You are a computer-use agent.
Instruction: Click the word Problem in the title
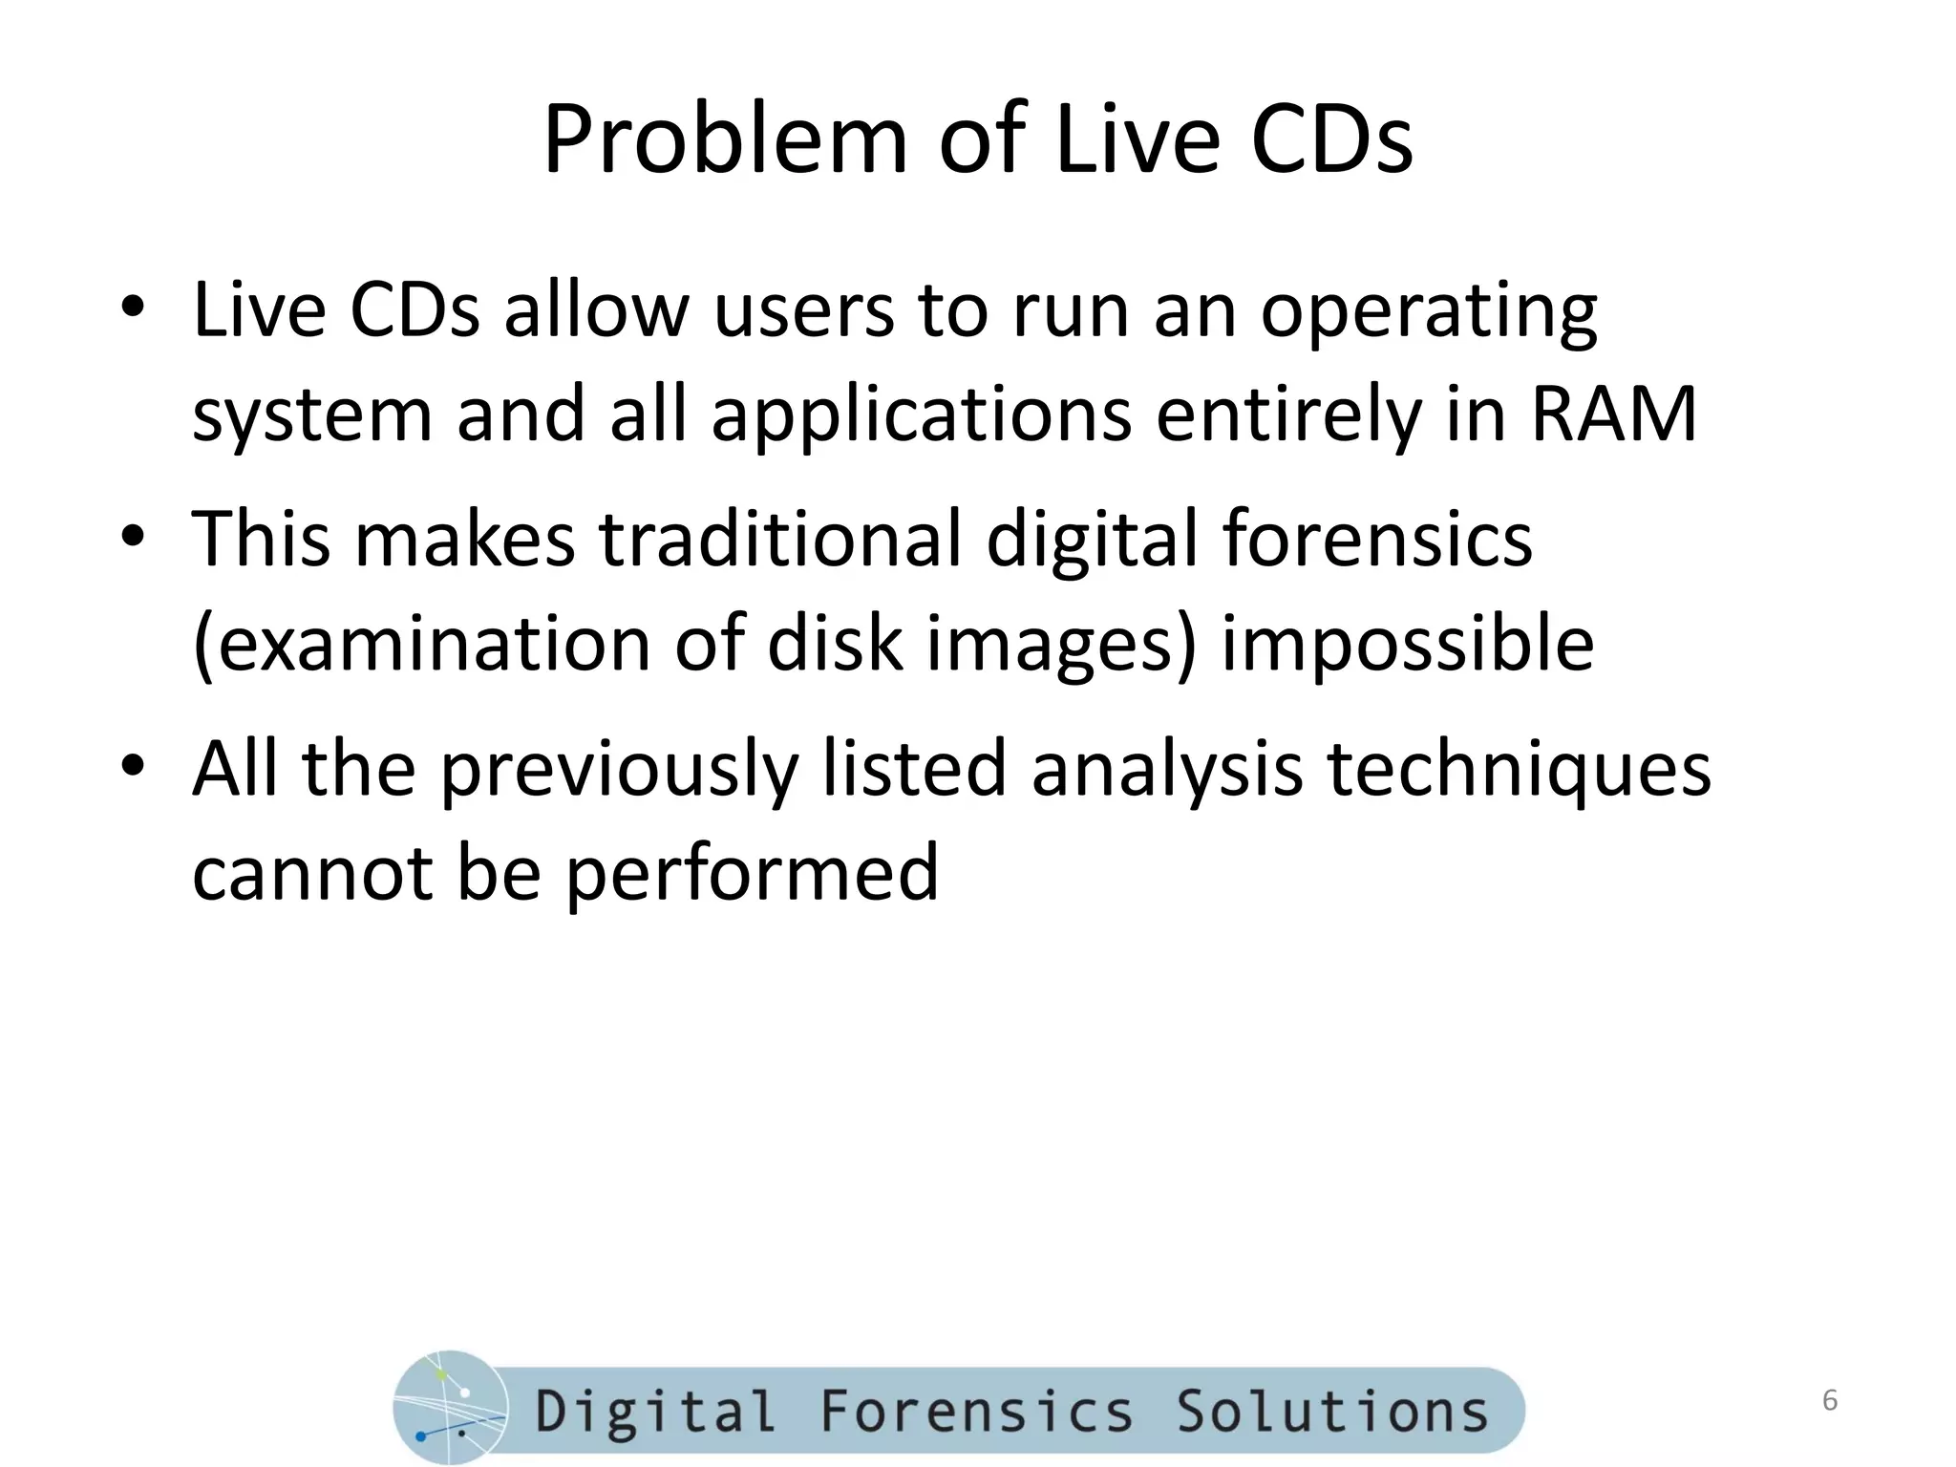[x=725, y=140]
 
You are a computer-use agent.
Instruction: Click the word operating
[x=1428, y=313]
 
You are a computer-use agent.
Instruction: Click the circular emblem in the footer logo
[x=450, y=1408]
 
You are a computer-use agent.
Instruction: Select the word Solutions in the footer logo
[x=1331, y=1411]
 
